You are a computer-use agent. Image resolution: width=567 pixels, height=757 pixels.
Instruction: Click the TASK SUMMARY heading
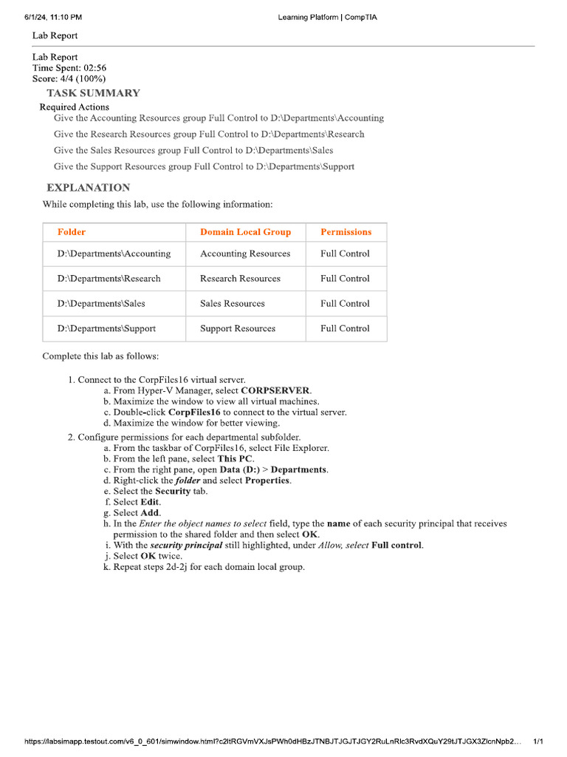coord(93,93)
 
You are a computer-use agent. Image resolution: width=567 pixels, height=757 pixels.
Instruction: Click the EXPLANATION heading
coord(88,188)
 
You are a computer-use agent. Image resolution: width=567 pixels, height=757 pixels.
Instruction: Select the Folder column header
coord(72,232)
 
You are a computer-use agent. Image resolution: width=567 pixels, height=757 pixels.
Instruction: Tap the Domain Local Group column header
coord(245,232)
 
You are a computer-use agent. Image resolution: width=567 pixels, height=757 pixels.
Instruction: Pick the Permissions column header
coord(346,232)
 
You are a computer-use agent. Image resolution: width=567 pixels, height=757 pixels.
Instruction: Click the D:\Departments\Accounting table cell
coord(114,254)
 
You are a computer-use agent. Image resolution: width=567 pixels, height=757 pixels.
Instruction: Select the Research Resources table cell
coord(240,279)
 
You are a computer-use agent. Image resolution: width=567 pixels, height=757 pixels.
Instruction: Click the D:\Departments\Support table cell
coord(106,329)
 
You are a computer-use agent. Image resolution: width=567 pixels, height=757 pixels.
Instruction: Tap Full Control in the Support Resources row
coord(345,329)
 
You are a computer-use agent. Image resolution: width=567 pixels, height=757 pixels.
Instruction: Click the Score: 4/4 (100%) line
coord(69,78)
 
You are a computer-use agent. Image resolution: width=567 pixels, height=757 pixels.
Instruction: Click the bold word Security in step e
coord(173,491)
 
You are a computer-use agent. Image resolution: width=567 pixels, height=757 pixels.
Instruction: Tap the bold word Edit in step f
coord(151,502)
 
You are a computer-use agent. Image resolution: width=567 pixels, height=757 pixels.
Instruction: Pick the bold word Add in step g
coord(150,513)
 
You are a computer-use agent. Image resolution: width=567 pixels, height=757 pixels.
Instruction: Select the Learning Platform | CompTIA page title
coord(327,17)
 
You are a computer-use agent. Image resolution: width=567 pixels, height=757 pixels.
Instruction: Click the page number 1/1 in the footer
coord(538,741)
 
